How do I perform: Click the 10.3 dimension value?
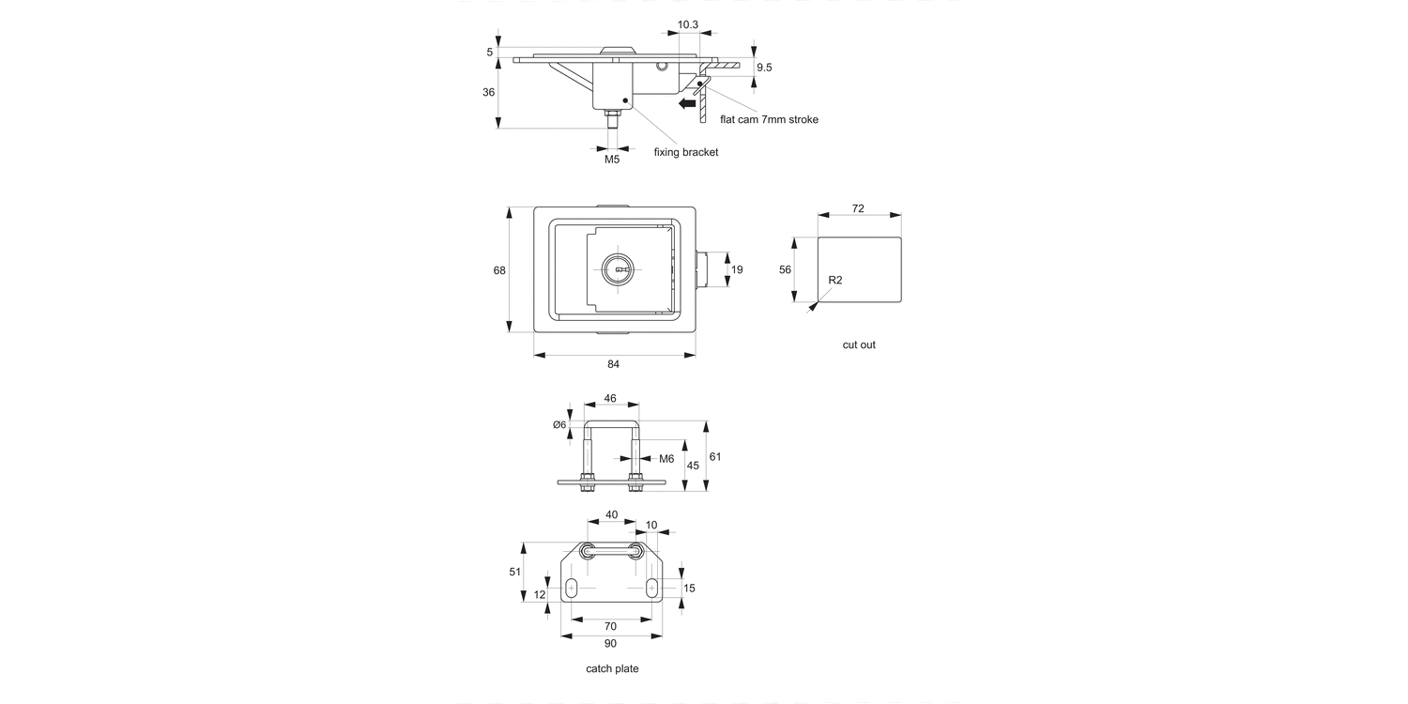coord(687,24)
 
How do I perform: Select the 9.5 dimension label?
coord(763,68)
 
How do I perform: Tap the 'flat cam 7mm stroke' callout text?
coord(769,119)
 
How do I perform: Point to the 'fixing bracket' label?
coord(685,152)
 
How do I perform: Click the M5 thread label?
coord(612,160)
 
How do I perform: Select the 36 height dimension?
coord(488,93)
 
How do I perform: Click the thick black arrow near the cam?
coord(687,103)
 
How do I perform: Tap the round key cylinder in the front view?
coord(618,270)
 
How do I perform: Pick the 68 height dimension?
coord(499,270)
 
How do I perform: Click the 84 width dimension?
coord(613,364)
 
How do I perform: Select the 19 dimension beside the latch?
coord(737,270)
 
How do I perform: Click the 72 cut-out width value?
coord(858,208)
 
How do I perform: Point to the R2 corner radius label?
coord(835,281)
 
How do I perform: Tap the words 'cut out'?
coord(858,345)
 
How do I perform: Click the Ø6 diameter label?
coord(559,425)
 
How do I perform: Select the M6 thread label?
coord(666,459)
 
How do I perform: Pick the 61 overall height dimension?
coord(715,457)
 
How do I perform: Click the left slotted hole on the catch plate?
coord(572,589)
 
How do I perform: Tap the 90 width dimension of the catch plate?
coord(610,643)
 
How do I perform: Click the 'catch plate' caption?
coord(612,669)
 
